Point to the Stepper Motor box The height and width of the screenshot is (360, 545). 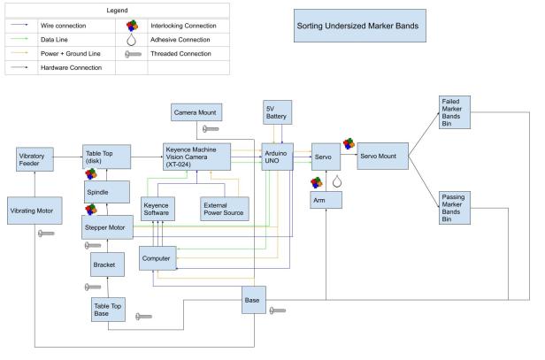(107, 226)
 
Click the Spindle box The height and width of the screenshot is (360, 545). (107, 191)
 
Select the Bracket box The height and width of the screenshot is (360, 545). (107, 264)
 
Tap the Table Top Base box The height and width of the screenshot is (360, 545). (107, 309)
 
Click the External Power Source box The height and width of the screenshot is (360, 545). (225, 209)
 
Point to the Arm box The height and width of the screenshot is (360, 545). (327, 200)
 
